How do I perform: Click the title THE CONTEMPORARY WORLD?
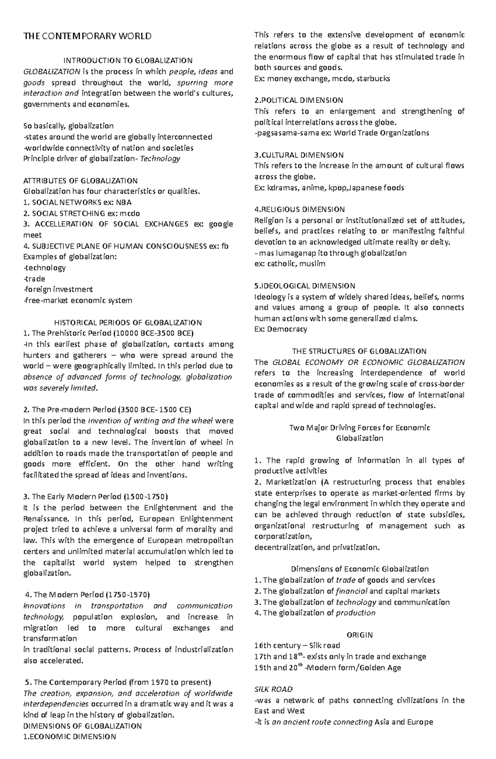tap(88, 36)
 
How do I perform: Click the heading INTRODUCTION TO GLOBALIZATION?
tap(128, 60)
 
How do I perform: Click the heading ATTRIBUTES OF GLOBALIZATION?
tap(81, 181)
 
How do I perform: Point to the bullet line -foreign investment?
tap(58, 289)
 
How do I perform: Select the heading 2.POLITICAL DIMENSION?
tap(298, 100)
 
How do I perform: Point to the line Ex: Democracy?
tap(281, 329)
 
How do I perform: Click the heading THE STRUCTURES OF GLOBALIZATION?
tap(359, 351)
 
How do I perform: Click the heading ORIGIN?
tap(360, 634)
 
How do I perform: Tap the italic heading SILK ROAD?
tap(273, 689)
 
